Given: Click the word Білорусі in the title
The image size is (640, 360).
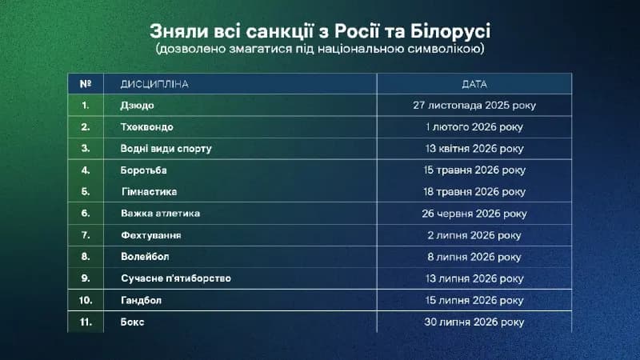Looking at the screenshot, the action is [x=450, y=31].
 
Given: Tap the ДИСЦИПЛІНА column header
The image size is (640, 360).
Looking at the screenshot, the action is [x=154, y=84].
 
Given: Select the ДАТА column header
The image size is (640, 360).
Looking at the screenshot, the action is [x=474, y=84].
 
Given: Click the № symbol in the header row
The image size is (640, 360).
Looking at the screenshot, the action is [x=86, y=84].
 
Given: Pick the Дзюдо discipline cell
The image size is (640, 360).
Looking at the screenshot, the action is [x=137, y=106].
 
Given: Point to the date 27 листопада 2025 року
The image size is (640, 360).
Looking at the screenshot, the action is [x=474, y=106].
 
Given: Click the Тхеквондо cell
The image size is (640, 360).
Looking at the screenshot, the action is [x=147, y=127].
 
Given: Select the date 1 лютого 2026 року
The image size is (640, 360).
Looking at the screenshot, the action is [x=474, y=127].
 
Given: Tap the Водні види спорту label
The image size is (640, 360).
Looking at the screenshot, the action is [x=166, y=149].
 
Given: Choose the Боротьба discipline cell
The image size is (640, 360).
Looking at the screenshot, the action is [x=144, y=170].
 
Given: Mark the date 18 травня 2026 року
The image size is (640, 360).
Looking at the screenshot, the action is [x=474, y=192].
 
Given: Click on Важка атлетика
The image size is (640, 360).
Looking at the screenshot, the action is [x=161, y=214].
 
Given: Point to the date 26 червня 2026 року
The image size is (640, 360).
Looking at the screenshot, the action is [x=474, y=214].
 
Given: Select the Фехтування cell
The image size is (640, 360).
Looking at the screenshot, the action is [x=151, y=235].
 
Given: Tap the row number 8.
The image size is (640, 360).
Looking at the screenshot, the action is [x=86, y=257].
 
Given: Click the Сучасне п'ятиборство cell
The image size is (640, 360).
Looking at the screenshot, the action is [x=176, y=278].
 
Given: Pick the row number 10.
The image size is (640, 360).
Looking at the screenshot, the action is [x=86, y=301].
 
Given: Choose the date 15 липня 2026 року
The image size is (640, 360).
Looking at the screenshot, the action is [x=474, y=301].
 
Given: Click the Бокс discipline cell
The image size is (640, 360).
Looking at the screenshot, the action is [x=133, y=322].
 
